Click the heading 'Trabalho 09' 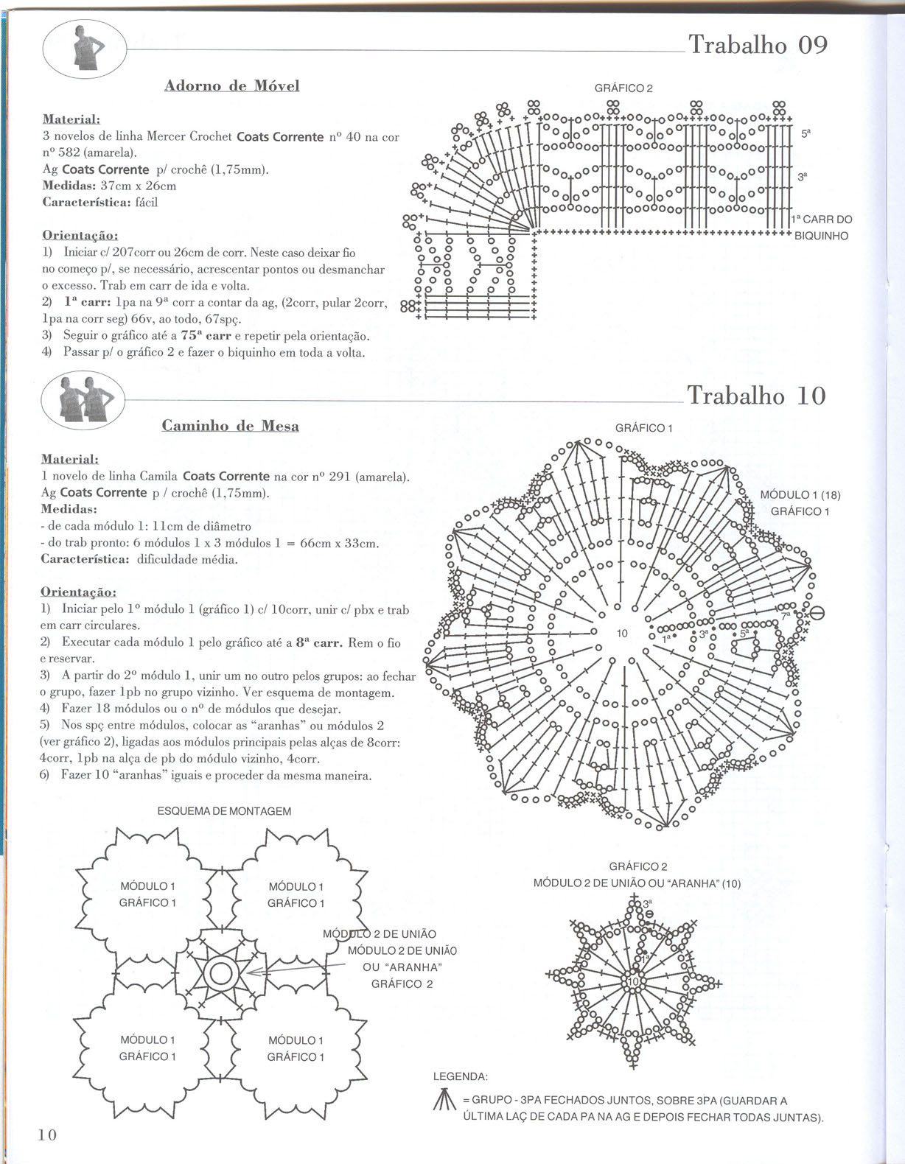(x=758, y=45)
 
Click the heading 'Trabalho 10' (x=756, y=396)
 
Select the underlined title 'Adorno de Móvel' (x=231, y=85)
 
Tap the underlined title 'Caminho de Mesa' (x=230, y=426)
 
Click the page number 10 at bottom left (x=47, y=1135)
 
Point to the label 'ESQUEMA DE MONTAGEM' (x=224, y=811)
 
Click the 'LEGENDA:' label (x=460, y=1076)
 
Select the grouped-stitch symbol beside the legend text (x=441, y=1101)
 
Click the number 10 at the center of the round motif (x=622, y=634)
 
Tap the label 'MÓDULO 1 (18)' (x=800, y=495)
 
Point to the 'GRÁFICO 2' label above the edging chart (x=623, y=88)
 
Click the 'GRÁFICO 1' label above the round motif (x=643, y=428)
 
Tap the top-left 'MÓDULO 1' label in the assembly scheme (x=147, y=886)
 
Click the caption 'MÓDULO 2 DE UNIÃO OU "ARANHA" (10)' (x=637, y=883)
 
